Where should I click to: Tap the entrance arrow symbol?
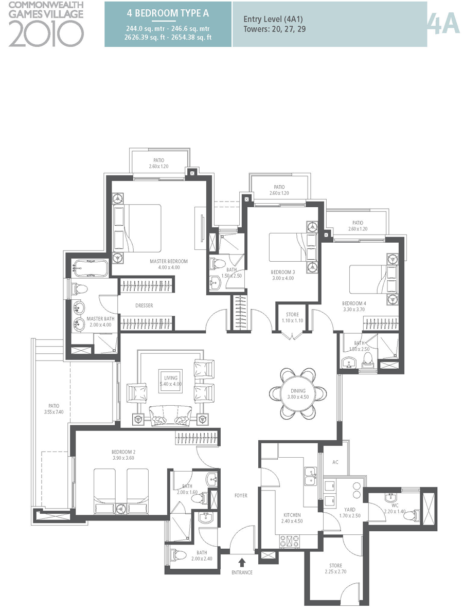pos(242,563)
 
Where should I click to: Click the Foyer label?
pos(241,496)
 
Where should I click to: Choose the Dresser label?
pos(144,305)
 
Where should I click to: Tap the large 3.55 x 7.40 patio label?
pos(55,409)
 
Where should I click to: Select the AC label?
pos(335,462)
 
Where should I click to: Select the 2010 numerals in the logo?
pos(46,34)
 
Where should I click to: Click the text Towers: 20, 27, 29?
pos(275,29)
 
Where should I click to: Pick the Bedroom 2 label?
pos(123,455)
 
